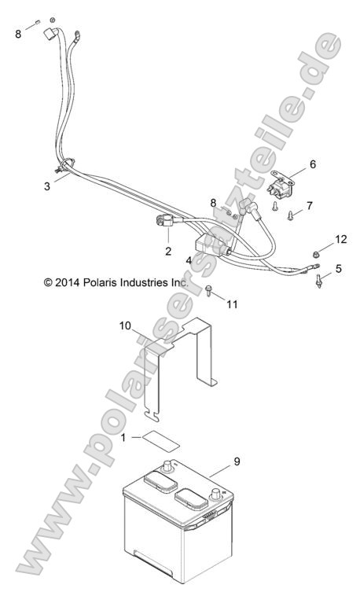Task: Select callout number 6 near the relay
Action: (x=312, y=165)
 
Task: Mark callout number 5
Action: (x=338, y=268)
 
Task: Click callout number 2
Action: (x=168, y=252)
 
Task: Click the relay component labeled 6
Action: (x=282, y=186)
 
